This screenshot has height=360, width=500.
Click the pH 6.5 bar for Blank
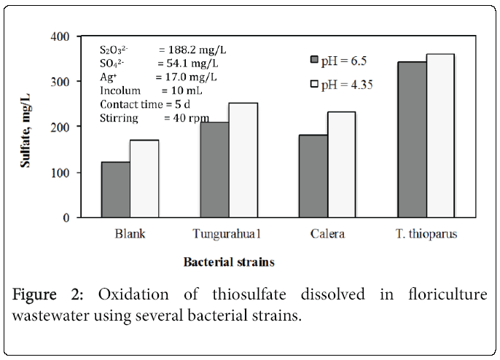coord(116,189)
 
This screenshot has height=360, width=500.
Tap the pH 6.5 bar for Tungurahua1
coord(215,170)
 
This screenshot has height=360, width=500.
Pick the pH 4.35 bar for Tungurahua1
coord(243,160)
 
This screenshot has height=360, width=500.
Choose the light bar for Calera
coord(342,165)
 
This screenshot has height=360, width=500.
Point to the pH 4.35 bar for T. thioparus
coord(440,136)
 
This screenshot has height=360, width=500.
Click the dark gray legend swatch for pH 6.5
coord(315,59)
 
